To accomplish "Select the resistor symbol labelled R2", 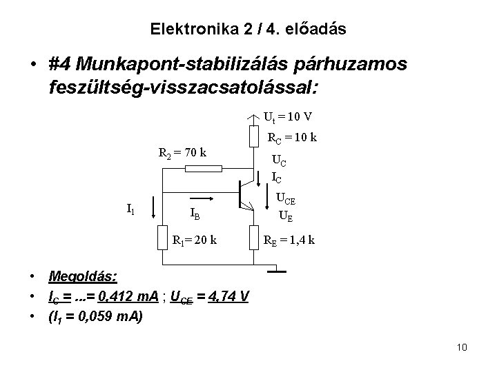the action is [198, 168].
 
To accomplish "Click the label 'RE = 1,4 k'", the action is [291, 240].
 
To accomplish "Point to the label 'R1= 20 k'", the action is [194, 240].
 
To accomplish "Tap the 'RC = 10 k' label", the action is [292, 138].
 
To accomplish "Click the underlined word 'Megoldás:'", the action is [83, 276].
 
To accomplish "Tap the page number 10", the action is [462, 347].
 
